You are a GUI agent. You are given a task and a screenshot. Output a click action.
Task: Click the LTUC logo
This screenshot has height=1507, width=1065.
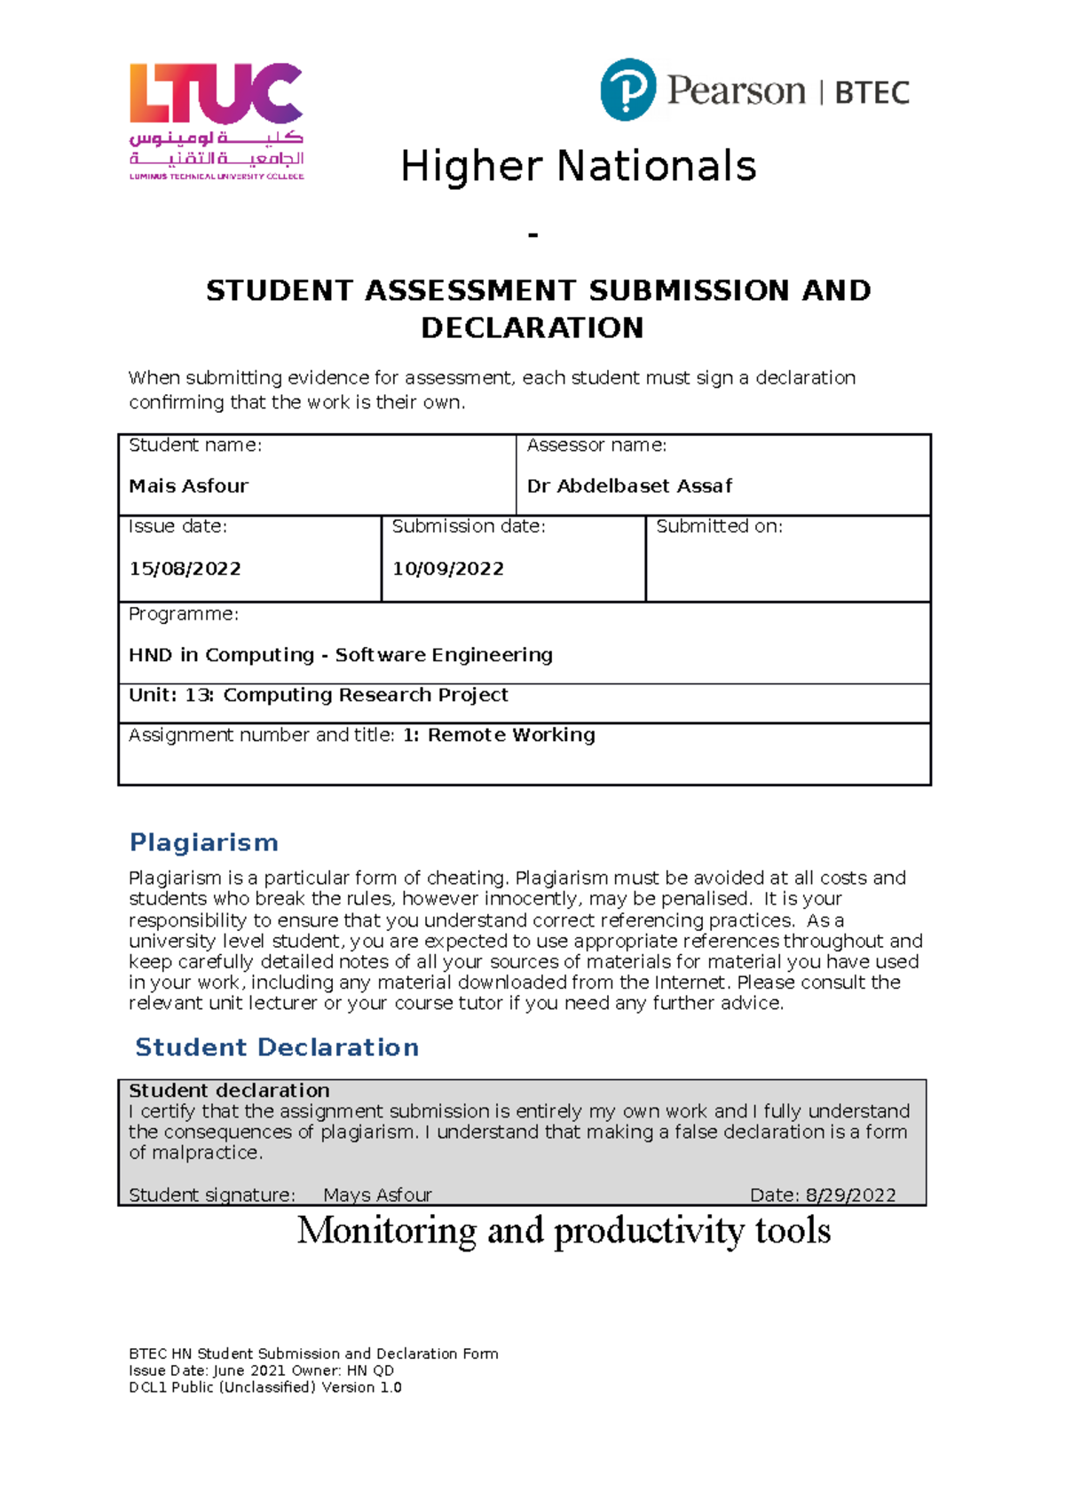(x=217, y=121)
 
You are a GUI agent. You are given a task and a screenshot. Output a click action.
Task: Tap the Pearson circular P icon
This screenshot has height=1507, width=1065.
(x=628, y=90)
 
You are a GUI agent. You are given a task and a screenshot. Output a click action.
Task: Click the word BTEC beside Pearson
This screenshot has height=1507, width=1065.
(x=872, y=92)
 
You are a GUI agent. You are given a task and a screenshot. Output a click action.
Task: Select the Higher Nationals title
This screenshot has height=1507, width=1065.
(x=578, y=167)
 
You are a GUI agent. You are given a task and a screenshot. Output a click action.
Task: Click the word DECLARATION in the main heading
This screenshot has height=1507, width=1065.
(x=532, y=327)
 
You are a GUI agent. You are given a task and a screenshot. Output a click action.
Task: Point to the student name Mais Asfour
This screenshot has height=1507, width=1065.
(x=188, y=486)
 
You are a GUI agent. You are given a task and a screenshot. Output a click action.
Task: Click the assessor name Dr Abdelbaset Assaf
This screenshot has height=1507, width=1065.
(x=629, y=486)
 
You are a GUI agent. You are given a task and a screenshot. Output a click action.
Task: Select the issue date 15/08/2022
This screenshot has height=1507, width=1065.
(x=185, y=569)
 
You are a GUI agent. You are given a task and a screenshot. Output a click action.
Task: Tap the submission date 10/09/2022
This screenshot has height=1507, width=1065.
(x=448, y=569)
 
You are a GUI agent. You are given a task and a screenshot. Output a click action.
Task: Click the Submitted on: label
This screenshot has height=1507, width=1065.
(x=719, y=526)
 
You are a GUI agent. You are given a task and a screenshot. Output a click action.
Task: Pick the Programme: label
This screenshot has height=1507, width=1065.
(x=183, y=614)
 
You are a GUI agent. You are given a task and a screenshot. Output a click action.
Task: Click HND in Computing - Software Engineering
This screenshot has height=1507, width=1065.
(x=340, y=655)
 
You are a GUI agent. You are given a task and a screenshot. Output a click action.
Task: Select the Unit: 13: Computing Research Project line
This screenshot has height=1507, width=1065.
(x=318, y=695)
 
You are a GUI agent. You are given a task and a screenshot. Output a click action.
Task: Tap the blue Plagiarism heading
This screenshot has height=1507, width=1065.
(x=203, y=842)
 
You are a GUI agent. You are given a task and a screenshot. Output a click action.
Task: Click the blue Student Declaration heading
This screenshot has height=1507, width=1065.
(x=276, y=1047)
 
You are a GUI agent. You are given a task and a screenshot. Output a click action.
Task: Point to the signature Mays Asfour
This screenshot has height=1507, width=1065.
(x=377, y=1195)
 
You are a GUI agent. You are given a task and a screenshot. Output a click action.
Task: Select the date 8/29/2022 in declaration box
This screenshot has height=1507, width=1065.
(x=850, y=1195)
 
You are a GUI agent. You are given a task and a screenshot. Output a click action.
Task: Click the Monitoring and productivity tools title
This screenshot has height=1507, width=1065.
(x=564, y=1231)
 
